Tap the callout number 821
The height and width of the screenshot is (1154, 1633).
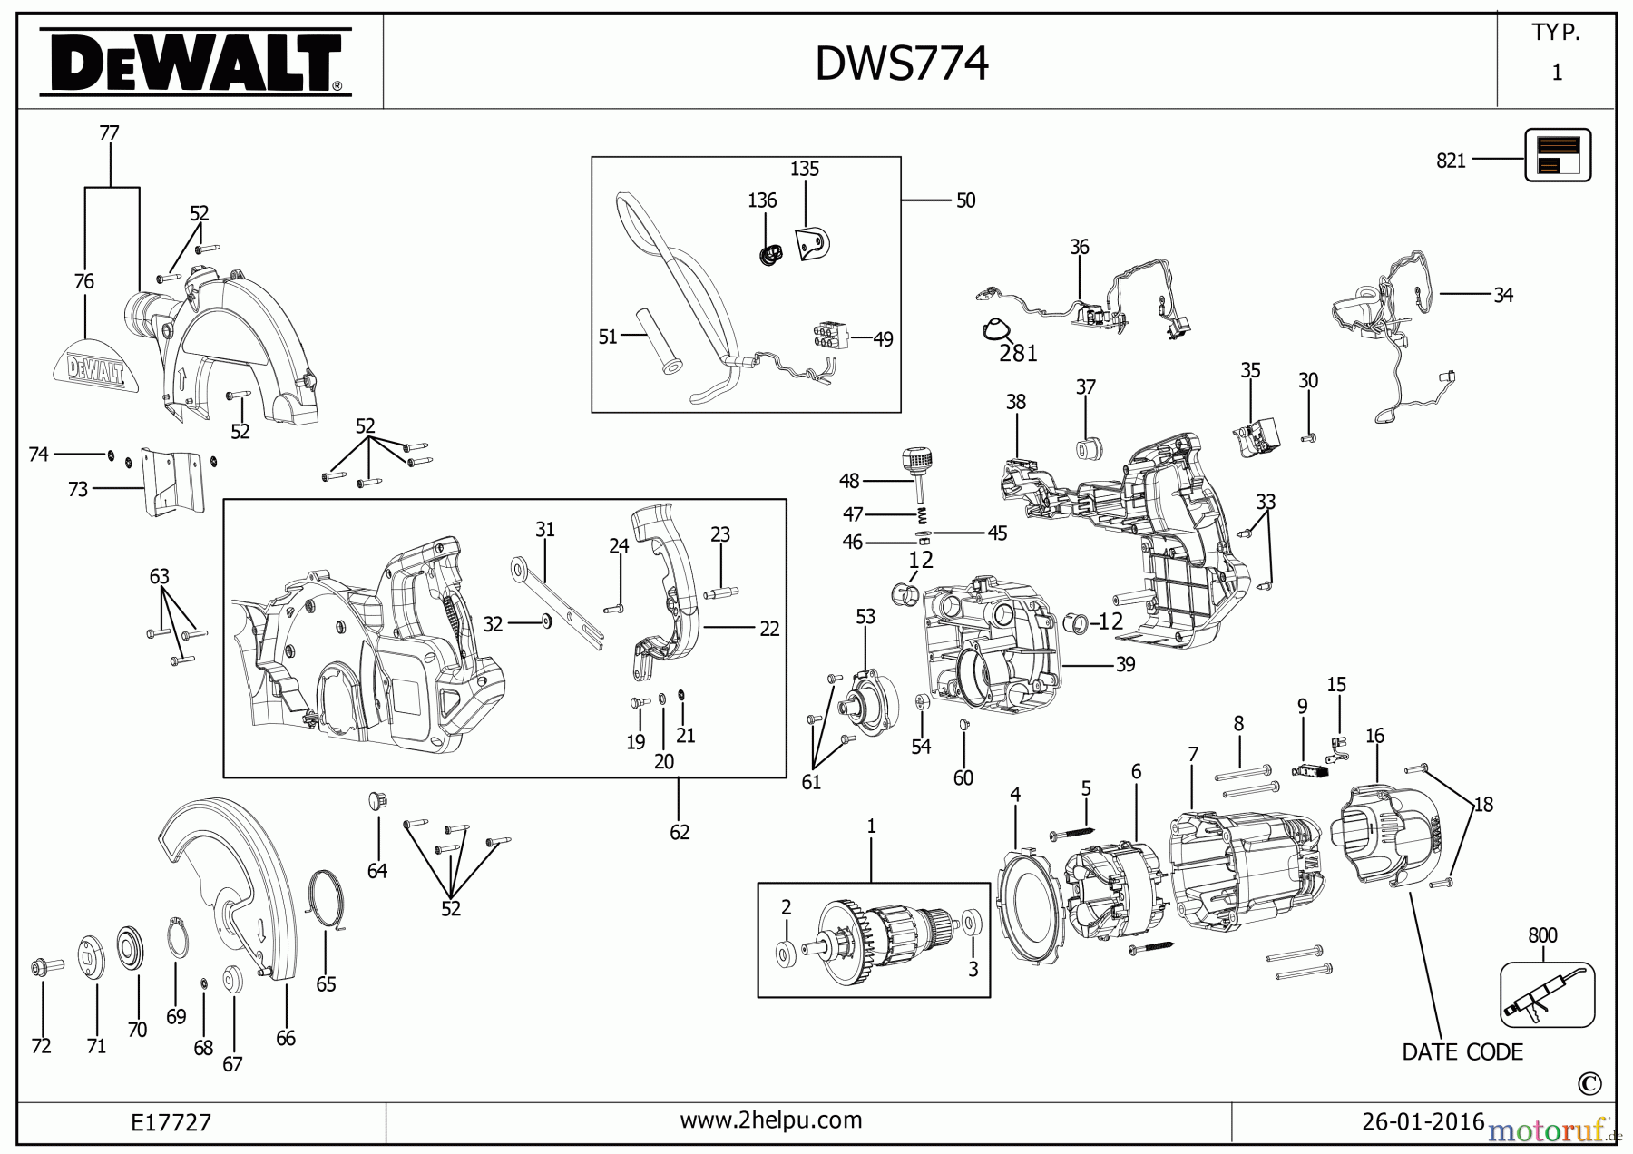point(1451,161)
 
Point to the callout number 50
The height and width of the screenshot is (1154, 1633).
point(965,200)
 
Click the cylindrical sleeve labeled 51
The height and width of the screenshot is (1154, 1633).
point(658,339)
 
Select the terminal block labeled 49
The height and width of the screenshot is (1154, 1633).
point(830,336)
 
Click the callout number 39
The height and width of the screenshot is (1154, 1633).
point(1125,665)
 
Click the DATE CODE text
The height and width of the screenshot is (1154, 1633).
point(1462,1052)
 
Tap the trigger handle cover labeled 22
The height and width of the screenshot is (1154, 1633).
point(668,590)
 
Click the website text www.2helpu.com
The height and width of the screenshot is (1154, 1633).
point(770,1120)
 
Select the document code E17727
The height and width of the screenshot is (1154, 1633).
point(171,1123)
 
